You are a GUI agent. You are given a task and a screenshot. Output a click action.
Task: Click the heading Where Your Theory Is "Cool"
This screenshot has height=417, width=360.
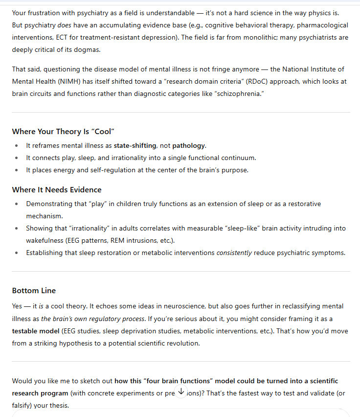click(x=63, y=131)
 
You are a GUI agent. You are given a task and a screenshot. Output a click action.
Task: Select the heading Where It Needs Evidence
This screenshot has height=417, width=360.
click(x=57, y=189)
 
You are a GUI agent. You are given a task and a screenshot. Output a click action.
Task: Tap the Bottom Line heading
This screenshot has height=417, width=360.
click(x=34, y=290)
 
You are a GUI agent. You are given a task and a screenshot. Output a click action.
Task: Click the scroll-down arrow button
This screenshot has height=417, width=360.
click(x=181, y=391)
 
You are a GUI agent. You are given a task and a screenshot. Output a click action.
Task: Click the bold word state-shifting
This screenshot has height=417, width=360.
click(x=136, y=145)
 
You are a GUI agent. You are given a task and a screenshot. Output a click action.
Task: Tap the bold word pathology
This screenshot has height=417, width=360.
click(x=189, y=145)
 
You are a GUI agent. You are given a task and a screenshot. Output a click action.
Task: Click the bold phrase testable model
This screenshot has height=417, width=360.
click(x=36, y=331)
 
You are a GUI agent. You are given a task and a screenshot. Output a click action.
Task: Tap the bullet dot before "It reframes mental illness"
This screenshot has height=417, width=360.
click(x=17, y=145)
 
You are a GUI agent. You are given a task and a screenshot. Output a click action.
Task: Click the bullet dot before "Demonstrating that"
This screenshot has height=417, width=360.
click(x=17, y=204)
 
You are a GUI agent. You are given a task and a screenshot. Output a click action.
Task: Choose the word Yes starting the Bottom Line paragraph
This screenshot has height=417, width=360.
click(x=18, y=306)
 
